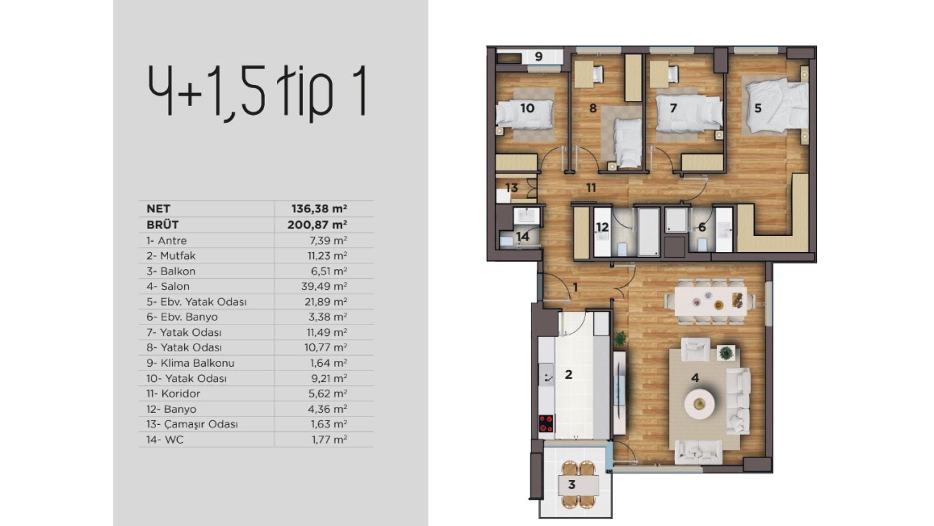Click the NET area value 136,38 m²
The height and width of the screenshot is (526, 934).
[x=319, y=209]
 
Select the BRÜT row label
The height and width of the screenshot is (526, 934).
[x=162, y=225]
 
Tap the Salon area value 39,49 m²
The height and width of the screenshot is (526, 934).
[x=324, y=286]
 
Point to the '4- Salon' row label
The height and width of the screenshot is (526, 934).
[x=168, y=286]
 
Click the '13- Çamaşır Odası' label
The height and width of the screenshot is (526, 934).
[x=192, y=424]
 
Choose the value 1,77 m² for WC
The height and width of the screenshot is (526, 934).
[x=329, y=440]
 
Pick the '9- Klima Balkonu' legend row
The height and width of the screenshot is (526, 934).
[x=190, y=363]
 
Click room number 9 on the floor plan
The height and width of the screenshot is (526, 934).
[x=539, y=56]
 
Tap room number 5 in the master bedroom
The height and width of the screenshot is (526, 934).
[x=758, y=108]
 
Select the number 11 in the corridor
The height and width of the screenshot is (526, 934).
[x=591, y=188]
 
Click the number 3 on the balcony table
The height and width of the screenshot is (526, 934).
[x=572, y=485]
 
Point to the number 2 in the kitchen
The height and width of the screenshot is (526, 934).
[x=568, y=375]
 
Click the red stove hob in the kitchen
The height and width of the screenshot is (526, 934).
[x=546, y=423]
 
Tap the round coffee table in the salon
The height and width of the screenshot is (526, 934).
[x=700, y=403]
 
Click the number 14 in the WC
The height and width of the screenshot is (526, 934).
[x=522, y=237]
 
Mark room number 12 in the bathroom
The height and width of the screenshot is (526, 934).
[x=602, y=227]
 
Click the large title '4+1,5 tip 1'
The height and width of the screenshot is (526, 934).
[x=257, y=91]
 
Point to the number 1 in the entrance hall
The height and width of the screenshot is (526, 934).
[x=575, y=287]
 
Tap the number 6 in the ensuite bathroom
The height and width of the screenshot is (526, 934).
[x=702, y=227]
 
